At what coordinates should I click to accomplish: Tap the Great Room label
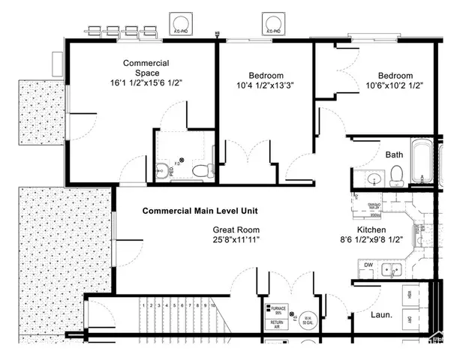point(236,230)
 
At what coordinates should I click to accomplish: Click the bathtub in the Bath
point(422,163)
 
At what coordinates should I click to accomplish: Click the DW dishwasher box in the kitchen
point(368,265)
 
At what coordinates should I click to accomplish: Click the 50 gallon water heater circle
point(307,318)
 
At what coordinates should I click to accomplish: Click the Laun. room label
point(382,316)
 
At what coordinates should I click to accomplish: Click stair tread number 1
point(143,305)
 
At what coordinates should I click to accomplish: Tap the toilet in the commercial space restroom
point(200,172)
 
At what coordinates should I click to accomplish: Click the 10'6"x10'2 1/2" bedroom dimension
point(395,87)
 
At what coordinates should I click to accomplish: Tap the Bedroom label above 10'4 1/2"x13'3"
point(266,75)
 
